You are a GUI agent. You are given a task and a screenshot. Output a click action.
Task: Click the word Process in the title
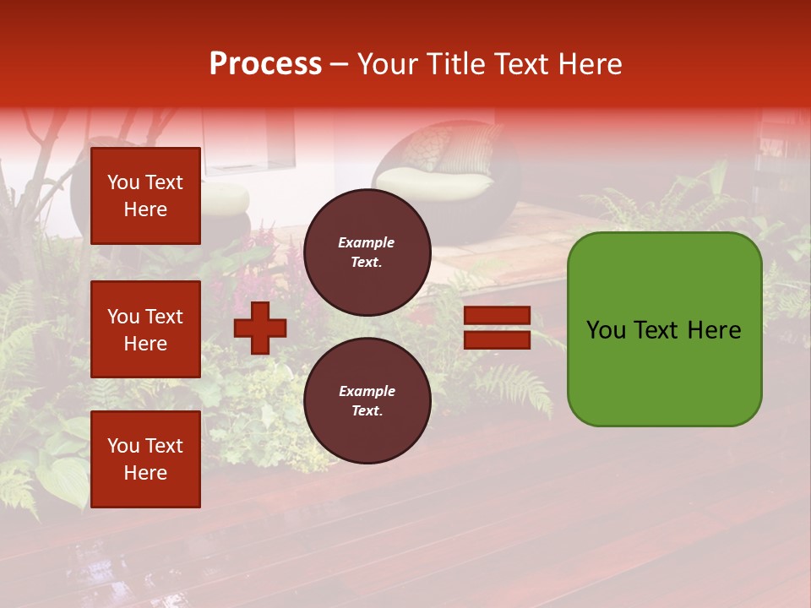pyautogui.click(x=265, y=64)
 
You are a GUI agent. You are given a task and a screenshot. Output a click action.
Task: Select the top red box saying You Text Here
pyautogui.click(x=145, y=196)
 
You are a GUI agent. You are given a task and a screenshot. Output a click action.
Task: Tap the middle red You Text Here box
pyautogui.click(x=145, y=329)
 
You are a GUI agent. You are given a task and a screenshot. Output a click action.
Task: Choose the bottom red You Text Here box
pyautogui.click(x=145, y=459)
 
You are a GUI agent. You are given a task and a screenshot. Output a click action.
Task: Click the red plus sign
pyautogui.click(x=260, y=328)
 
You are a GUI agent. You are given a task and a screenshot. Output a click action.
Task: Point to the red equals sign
pyautogui.click(x=497, y=328)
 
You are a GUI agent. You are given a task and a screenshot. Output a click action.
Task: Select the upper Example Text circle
pyautogui.click(x=367, y=252)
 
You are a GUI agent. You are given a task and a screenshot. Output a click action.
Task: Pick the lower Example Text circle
pyautogui.click(x=367, y=400)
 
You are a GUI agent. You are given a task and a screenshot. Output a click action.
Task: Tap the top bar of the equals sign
pyautogui.click(x=497, y=316)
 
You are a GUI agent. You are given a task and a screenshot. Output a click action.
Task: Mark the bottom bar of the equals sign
pyautogui.click(x=497, y=339)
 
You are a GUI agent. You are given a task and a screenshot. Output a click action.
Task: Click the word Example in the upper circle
pyautogui.click(x=367, y=242)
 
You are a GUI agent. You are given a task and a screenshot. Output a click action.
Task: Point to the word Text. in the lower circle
pyautogui.click(x=367, y=410)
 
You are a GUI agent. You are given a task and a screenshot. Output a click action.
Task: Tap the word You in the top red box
pyautogui.click(x=123, y=182)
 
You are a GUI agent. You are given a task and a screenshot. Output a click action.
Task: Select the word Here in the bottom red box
pyautogui.click(x=145, y=473)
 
